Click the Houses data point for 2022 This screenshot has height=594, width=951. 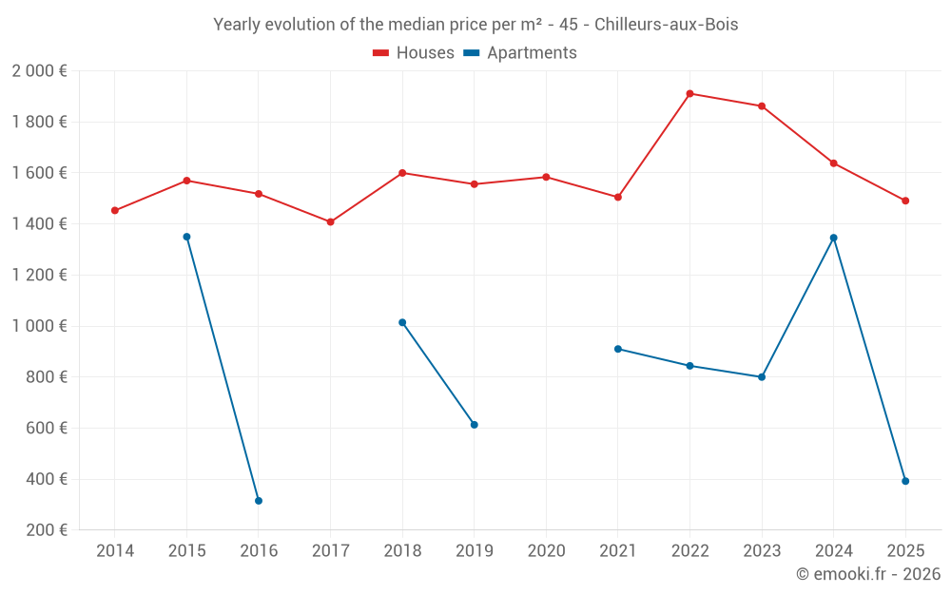tap(689, 94)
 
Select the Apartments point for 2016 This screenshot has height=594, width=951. tap(259, 501)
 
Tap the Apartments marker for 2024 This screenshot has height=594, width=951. tap(834, 238)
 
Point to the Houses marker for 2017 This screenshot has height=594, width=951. tap(330, 222)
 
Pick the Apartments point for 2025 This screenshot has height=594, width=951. tap(905, 481)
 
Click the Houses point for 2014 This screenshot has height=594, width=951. tap(115, 211)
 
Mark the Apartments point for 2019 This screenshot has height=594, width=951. tap(475, 425)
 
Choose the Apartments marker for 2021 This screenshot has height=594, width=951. tap(618, 349)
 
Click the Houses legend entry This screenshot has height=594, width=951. tap(414, 53)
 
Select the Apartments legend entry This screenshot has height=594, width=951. tap(521, 53)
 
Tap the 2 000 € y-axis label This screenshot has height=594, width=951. tap(40, 71)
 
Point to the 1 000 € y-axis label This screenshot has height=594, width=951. tap(40, 326)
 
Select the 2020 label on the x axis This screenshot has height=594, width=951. tap(546, 551)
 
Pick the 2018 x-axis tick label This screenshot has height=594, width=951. tap(402, 551)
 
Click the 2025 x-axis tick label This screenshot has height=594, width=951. tap(905, 551)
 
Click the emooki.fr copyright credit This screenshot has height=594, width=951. tap(868, 574)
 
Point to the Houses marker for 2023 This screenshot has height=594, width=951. tap(762, 106)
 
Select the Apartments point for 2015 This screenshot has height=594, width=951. tap(186, 237)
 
